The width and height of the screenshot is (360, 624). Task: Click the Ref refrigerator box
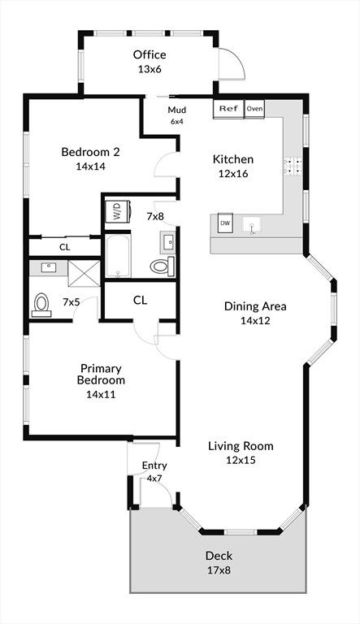[x=228, y=109]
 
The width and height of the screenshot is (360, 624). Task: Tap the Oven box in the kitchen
[x=254, y=109]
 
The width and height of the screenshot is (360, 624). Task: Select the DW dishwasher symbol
[x=225, y=223]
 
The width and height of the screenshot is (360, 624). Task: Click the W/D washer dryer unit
[x=118, y=210]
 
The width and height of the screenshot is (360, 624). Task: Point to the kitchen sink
[x=251, y=224]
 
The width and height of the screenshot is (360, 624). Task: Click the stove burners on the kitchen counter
[x=293, y=167]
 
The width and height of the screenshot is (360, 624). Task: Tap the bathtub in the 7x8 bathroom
[x=118, y=256]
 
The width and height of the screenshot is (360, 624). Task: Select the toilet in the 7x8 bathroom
[x=163, y=266]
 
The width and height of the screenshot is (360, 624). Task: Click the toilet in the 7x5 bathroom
[x=41, y=305]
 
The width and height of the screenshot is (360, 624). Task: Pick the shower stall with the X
[x=84, y=273]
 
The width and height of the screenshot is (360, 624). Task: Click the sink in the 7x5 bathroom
[x=49, y=267]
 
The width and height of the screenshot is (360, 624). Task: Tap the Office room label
[x=150, y=54]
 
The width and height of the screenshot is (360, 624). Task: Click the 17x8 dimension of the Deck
[x=219, y=570]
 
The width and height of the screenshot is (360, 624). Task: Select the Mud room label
[x=177, y=110]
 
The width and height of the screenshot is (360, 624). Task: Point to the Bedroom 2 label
[x=90, y=152]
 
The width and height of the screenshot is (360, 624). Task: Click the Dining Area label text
[x=255, y=306]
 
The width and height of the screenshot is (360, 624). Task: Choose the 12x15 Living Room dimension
[x=241, y=460]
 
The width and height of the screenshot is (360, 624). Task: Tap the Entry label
[x=154, y=466]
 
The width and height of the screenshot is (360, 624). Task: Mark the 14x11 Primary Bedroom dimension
[x=101, y=394]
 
